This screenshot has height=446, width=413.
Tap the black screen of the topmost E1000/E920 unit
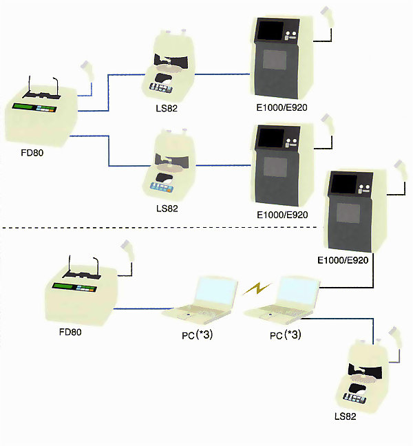[269, 32]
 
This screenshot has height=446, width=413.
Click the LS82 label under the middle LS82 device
[168, 207]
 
